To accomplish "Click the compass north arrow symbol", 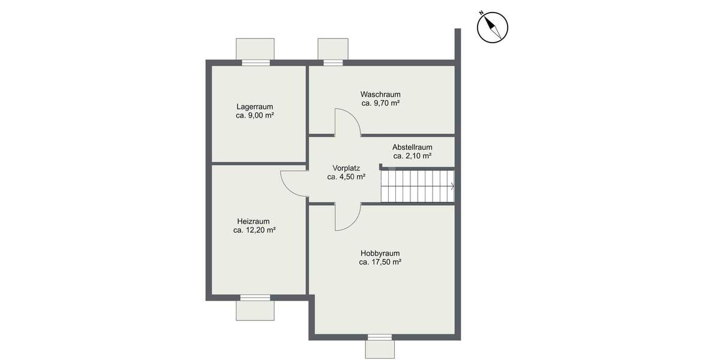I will pos(493,28).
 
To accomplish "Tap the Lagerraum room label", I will pos(254,107).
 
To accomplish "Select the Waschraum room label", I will pos(380,94).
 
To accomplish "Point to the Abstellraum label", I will pos(412,147).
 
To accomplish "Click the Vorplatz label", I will pos(346,169).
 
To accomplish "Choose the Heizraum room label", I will pos(253,221).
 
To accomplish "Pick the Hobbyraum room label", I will pos(380,253).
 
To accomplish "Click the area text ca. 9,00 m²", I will pos(254,116).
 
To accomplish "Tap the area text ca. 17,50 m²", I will pos(380,262).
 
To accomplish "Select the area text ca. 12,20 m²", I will pos(254,230).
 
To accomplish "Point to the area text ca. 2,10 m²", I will pos(412,156).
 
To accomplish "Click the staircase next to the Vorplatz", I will pos(417,187).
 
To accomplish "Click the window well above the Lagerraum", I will pos(255,49).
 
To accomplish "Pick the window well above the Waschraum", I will pos(332,49).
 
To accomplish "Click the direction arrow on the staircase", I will pos(451,187).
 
